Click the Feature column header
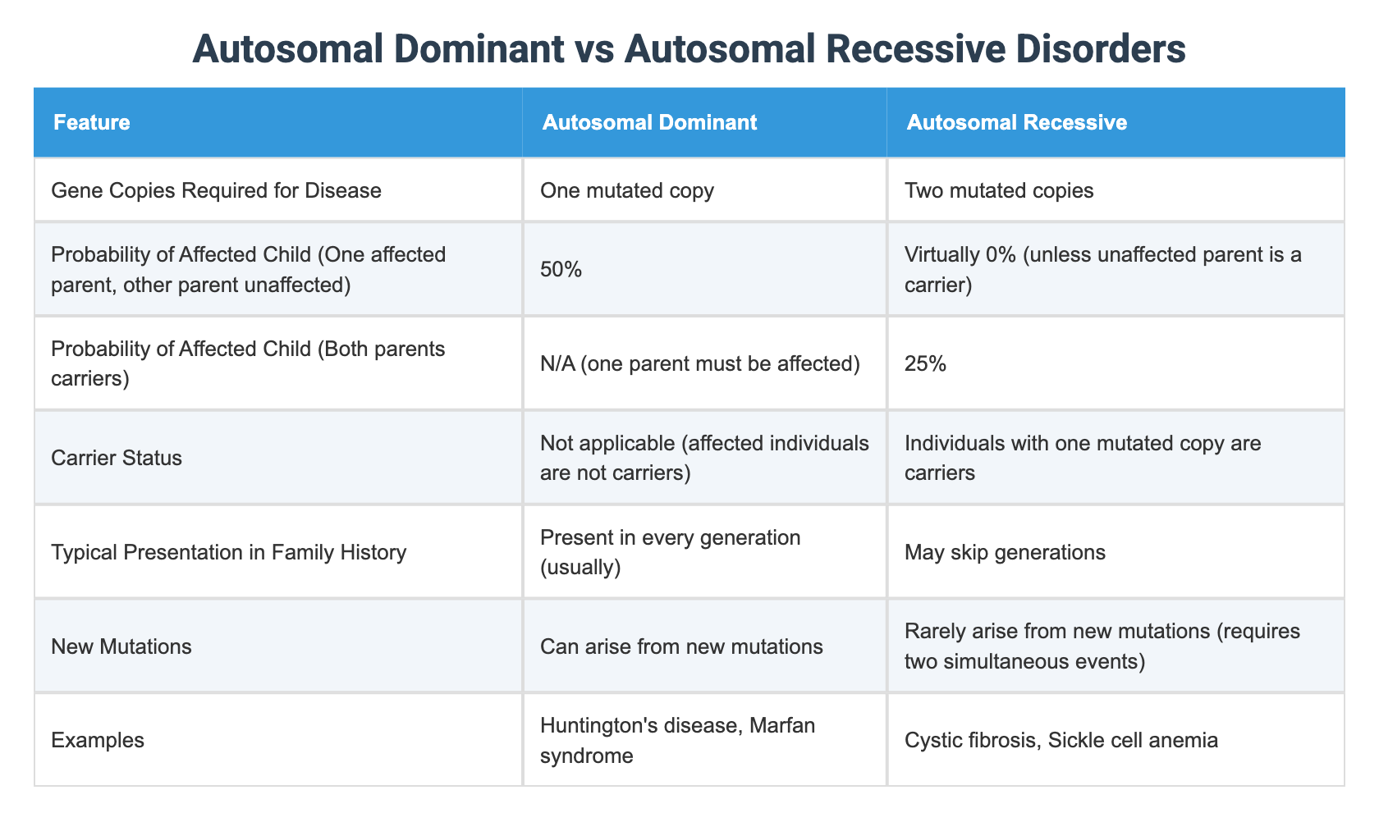click(x=92, y=123)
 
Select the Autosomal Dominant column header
click(x=648, y=123)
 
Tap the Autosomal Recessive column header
click(x=1016, y=123)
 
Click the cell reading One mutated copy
click(x=627, y=191)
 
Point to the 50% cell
click(x=561, y=269)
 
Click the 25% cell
click(x=925, y=363)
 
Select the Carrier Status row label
click(x=117, y=458)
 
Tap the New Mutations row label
click(x=121, y=646)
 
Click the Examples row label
click(x=98, y=740)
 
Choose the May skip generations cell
click(x=1005, y=552)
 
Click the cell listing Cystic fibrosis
click(x=1061, y=740)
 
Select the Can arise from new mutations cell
click(x=681, y=646)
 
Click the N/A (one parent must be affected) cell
click(x=699, y=363)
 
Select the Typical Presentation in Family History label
click(x=228, y=552)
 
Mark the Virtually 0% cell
click(x=1103, y=269)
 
